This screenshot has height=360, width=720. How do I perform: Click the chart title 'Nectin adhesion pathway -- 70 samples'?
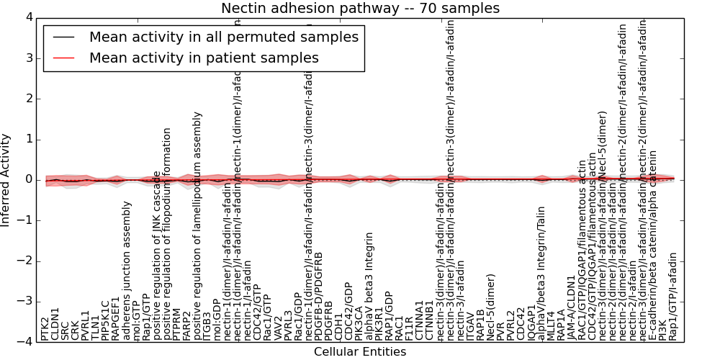coord(360,8)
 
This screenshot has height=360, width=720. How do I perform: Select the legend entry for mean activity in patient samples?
coord(204,58)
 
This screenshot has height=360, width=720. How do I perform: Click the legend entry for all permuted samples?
coord(223,37)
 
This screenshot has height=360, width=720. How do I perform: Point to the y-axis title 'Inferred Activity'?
coord(6,180)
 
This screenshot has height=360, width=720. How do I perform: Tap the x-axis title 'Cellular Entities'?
coord(360,351)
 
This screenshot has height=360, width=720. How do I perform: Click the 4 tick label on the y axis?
coord(29,17)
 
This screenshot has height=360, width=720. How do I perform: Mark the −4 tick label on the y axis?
coord(25,342)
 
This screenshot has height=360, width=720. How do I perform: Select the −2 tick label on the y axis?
coord(25,261)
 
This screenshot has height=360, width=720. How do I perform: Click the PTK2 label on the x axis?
coord(45,328)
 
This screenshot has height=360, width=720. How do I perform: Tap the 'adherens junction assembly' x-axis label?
coord(127,270)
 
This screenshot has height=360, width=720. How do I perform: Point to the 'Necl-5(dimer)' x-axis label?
coord(491,306)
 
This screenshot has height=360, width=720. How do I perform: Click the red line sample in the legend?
coord(64,58)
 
